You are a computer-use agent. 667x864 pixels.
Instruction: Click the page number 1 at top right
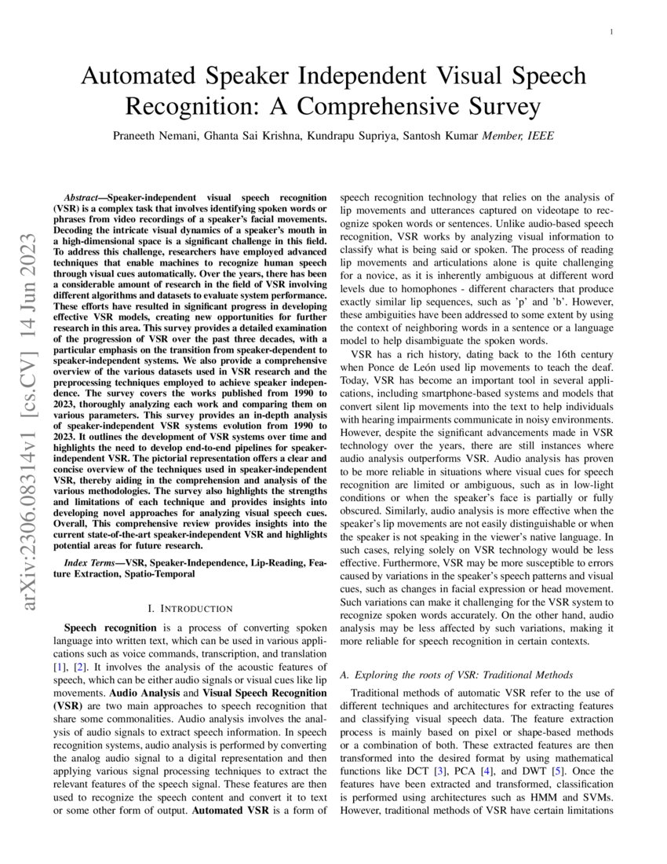[611, 32]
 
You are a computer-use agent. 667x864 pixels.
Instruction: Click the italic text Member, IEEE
[519, 135]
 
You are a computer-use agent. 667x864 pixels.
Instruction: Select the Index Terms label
[91, 563]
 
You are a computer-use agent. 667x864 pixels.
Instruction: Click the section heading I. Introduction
[191, 608]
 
